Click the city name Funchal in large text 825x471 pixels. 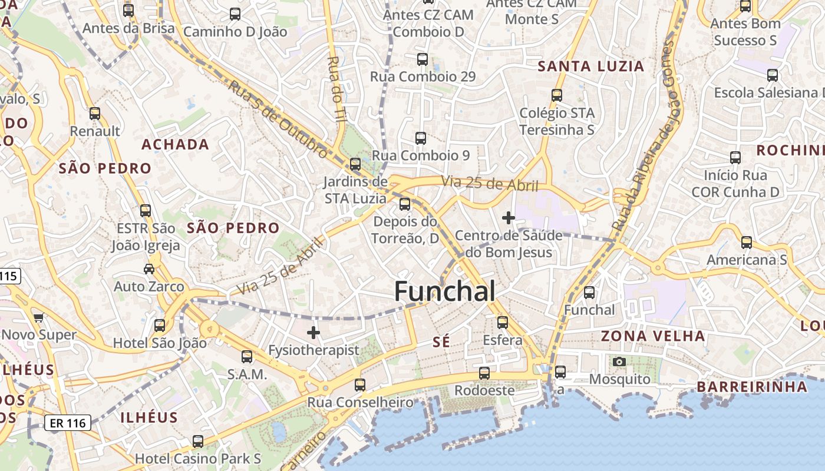pos(444,291)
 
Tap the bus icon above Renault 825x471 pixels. pos(95,114)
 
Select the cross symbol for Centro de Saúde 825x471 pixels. pos(508,218)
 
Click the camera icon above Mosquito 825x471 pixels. pos(619,361)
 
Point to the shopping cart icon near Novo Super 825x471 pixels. pos(39,318)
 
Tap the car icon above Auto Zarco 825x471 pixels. pos(149,269)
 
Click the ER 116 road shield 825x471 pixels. pos(68,422)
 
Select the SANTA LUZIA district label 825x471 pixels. pos(591,66)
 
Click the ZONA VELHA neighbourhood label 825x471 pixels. pos(653,336)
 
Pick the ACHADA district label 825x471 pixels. pos(176,144)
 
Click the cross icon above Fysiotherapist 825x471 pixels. pos(313,333)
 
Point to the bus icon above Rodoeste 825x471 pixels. pos(484,373)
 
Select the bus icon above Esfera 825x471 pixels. pos(502,323)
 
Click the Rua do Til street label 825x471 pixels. pos(336,88)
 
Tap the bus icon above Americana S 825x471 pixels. pos(747,242)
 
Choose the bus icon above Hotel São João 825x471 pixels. pos(160,326)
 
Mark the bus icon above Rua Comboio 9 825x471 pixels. pos(421,138)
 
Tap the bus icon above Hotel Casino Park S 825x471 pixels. pos(198,441)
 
